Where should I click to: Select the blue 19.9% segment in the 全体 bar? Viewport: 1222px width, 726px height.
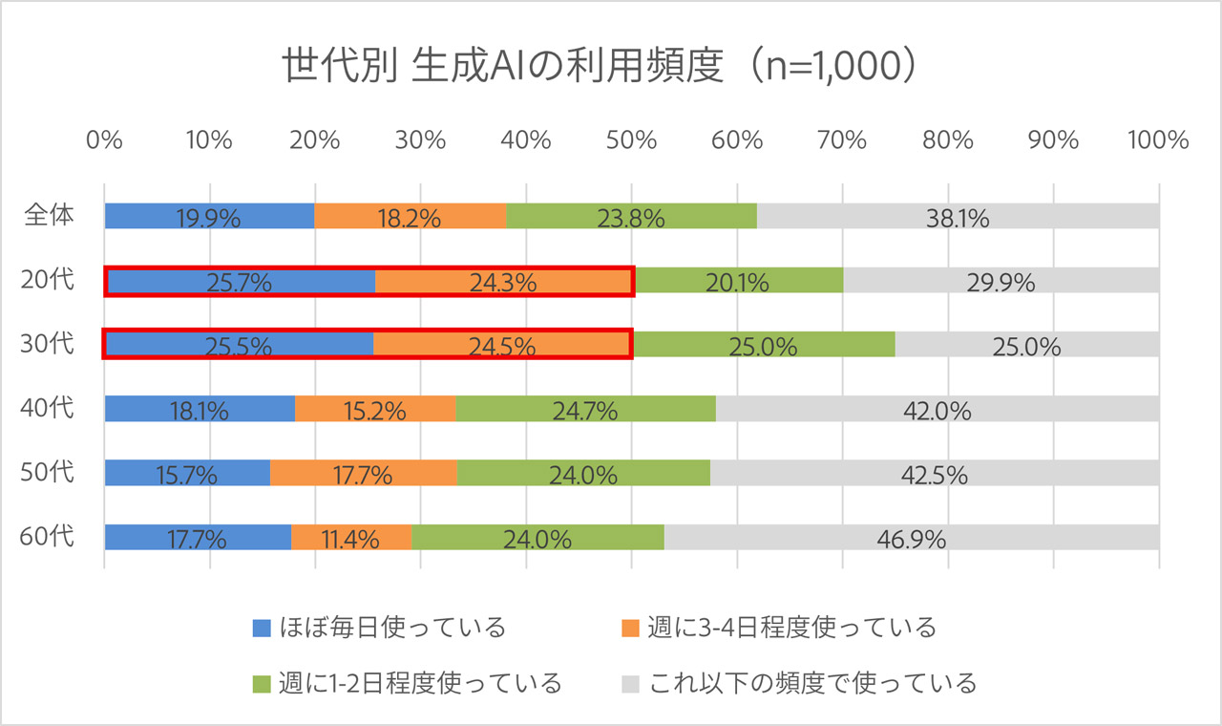click(x=209, y=216)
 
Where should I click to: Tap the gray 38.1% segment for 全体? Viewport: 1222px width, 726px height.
click(x=958, y=216)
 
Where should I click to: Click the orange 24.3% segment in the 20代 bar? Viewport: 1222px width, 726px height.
click(x=504, y=281)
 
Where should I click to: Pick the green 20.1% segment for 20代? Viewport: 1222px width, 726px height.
click(x=738, y=281)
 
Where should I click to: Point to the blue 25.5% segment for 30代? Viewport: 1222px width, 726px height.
click(x=239, y=345)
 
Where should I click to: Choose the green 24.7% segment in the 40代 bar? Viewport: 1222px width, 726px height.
click(x=585, y=409)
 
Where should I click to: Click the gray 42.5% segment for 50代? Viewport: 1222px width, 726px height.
click(x=934, y=473)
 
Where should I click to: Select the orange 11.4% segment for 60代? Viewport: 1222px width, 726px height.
click(x=351, y=537)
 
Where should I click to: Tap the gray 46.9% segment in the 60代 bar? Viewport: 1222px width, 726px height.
click(x=911, y=537)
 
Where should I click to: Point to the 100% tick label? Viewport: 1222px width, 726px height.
click(x=1158, y=140)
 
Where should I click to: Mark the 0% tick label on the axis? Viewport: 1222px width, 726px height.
click(x=104, y=140)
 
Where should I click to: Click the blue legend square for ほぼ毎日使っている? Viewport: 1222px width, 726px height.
click(x=263, y=628)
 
